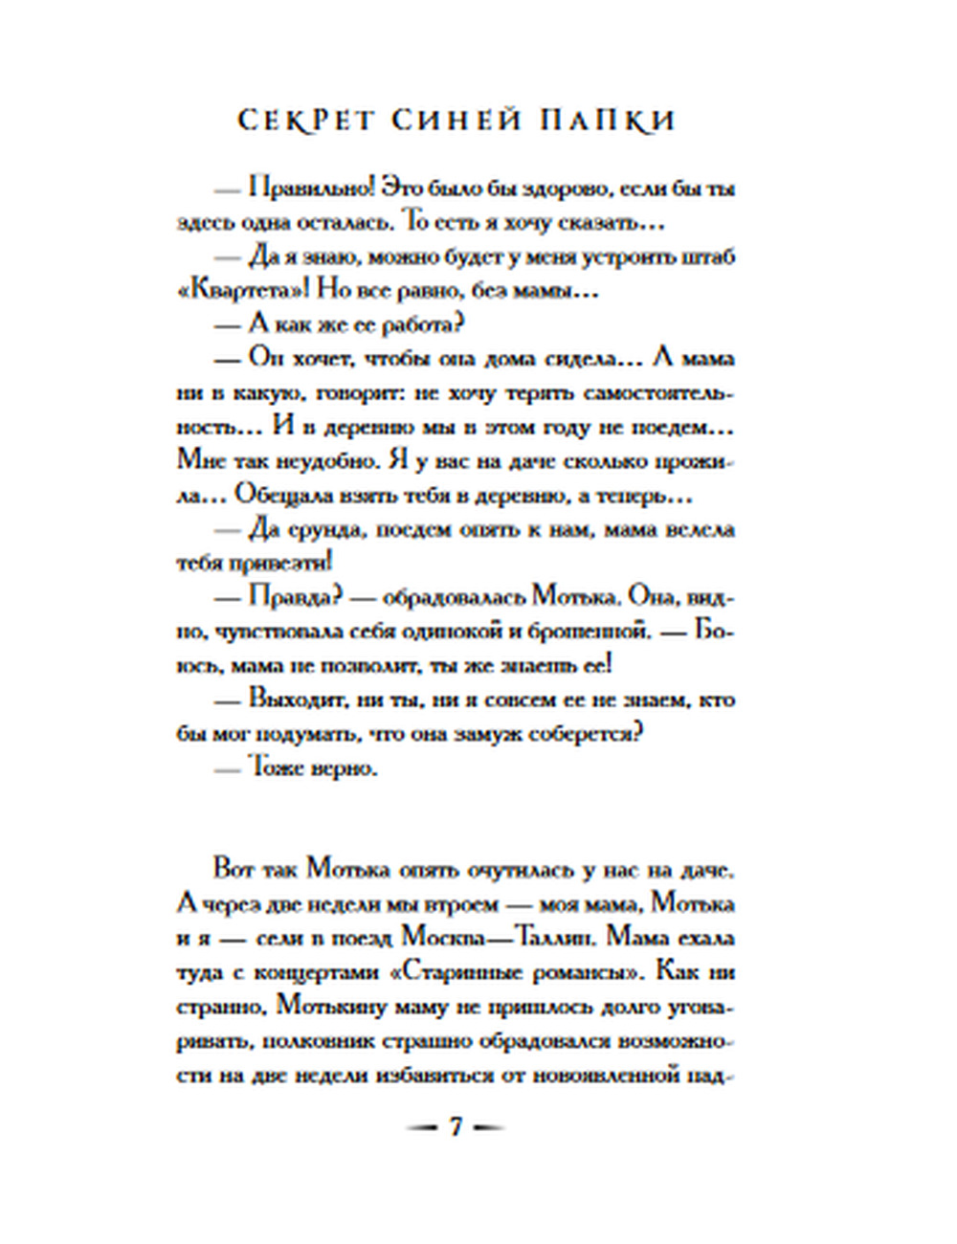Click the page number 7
click(456, 1127)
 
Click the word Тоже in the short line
click(277, 767)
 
